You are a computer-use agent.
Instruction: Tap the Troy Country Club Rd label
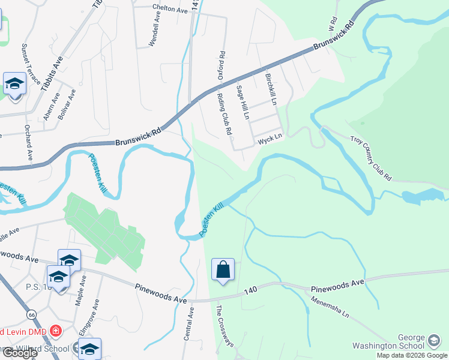tap(371, 158)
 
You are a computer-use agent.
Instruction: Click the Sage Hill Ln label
tap(243, 102)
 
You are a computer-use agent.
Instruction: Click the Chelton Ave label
tap(170, 8)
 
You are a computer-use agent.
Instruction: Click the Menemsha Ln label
tap(329, 304)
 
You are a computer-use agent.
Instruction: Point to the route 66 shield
tap(31, 315)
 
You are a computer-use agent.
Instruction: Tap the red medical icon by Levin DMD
tap(55, 331)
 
